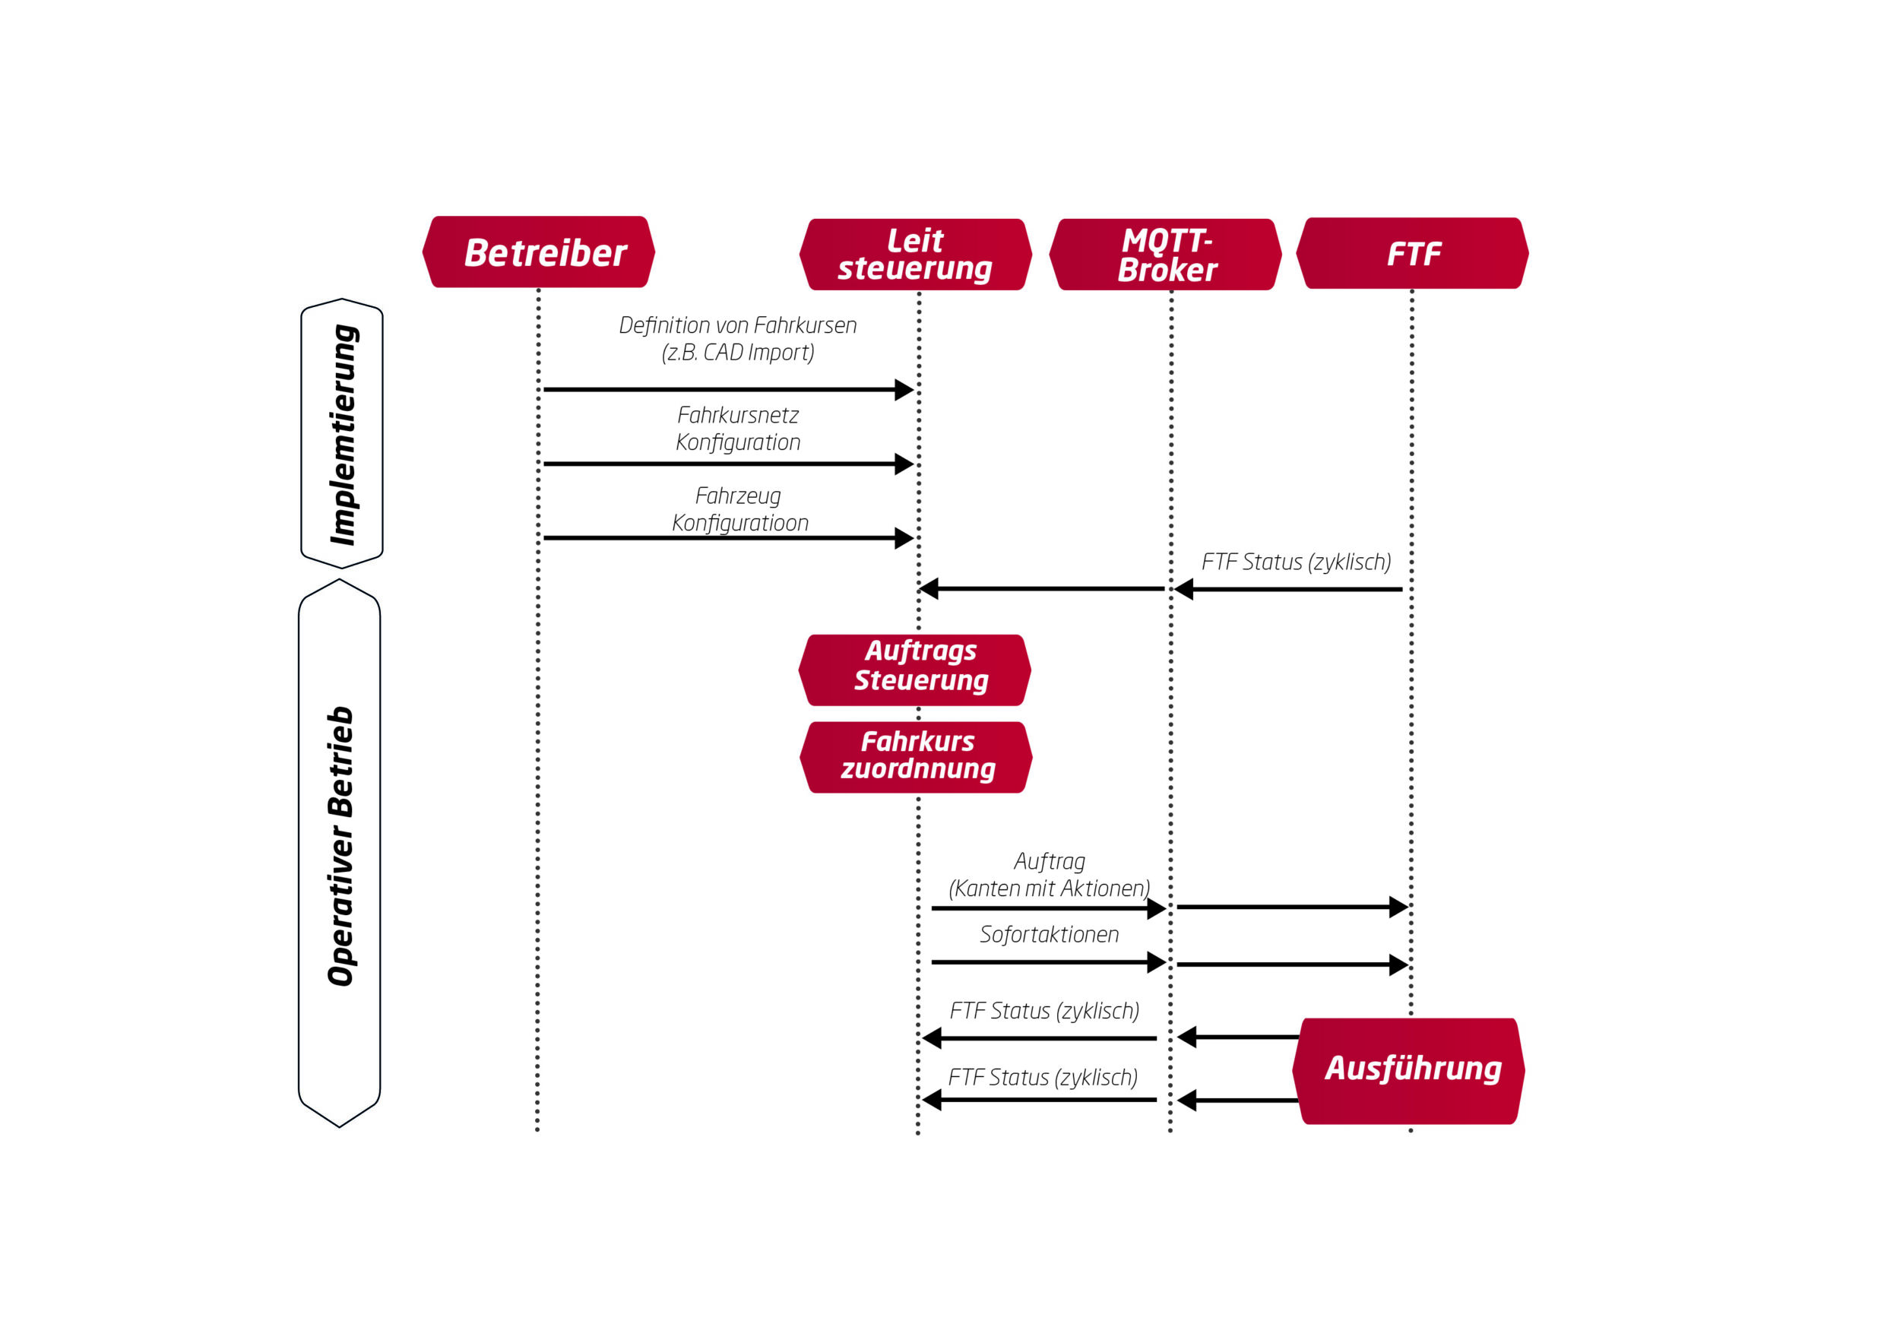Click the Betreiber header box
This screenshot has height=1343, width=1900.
pyautogui.click(x=538, y=252)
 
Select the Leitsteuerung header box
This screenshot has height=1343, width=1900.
pyautogui.click(x=915, y=254)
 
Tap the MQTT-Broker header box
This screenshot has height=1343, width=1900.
pyautogui.click(x=1165, y=254)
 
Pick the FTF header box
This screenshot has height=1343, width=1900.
pyautogui.click(x=1413, y=253)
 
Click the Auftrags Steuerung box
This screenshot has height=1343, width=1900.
pyautogui.click(x=915, y=670)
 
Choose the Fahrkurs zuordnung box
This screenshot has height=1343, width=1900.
pyautogui.click(x=916, y=757)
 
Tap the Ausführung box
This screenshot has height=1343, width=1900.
pyautogui.click(x=1409, y=1070)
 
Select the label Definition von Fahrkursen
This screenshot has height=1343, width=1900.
pyautogui.click(x=737, y=326)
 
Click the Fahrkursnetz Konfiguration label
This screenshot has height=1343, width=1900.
pyautogui.click(x=737, y=429)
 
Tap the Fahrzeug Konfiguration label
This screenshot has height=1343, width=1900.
pyautogui.click(x=739, y=510)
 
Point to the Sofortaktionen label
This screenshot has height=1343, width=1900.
pyautogui.click(x=1049, y=935)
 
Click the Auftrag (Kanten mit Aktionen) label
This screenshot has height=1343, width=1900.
pyautogui.click(x=1049, y=876)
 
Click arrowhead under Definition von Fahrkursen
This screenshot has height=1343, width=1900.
pyautogui.click(x=904, y=390)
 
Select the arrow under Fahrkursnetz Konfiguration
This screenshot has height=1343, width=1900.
pyautogui.click(x=728, y=464)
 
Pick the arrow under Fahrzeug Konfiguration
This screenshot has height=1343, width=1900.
pyautogui.click(x=728, y=538)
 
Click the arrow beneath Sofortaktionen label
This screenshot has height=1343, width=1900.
pyautogui.click(x=1047, y=962)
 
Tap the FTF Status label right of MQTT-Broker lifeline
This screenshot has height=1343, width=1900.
pyautogui.click(x=1295, y=562)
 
